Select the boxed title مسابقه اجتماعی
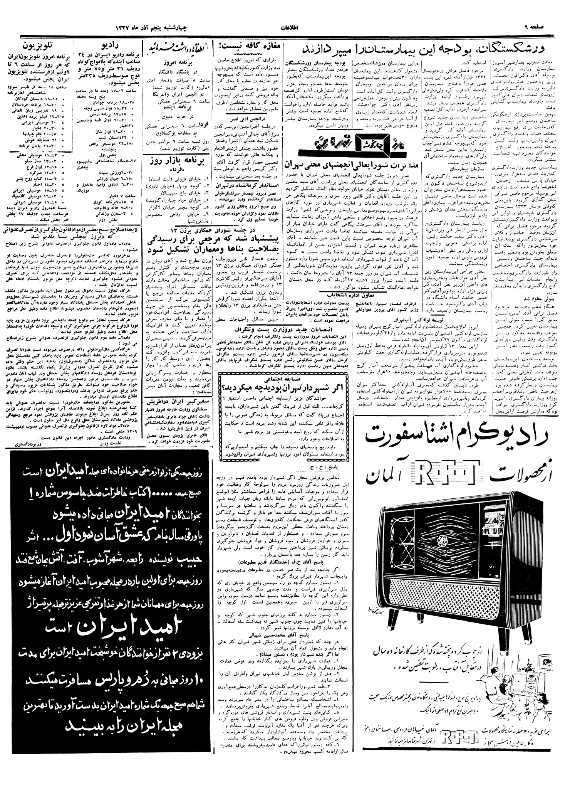tap(284, 379)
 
